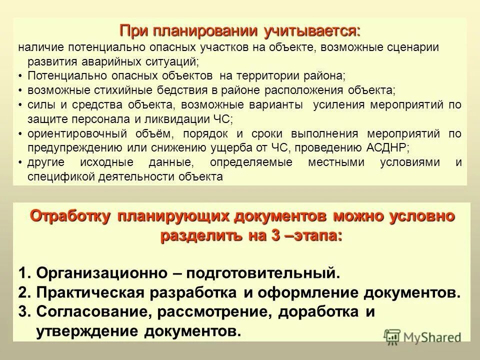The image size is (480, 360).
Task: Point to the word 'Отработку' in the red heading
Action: (70, 216)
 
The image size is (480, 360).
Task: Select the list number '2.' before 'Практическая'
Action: (25, 292)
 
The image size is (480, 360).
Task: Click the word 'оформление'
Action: (309, 292)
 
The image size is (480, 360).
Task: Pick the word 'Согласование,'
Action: (94, 312)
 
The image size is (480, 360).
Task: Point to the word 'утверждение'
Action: (88, 331)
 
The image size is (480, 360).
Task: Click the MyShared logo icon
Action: (391, 337)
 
